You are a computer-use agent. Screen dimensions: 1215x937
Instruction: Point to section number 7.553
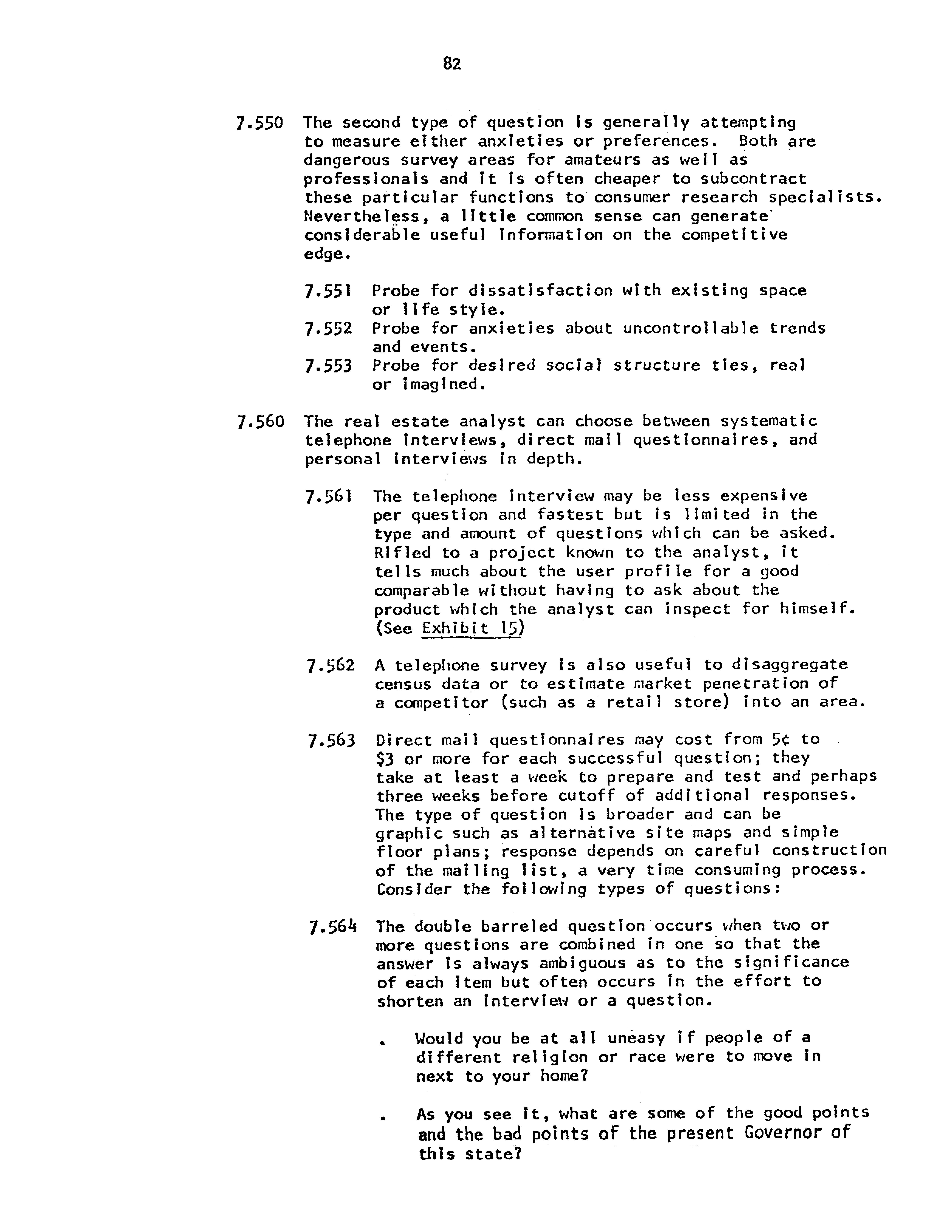point(328,366)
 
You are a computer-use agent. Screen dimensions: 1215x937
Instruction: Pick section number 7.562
point(330,665)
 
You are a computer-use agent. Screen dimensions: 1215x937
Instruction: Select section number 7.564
point(332,927)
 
